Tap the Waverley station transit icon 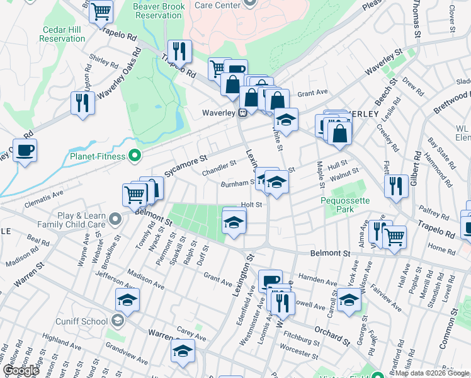pos(242,113)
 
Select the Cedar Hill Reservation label pos(62,34)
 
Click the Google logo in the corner pos(21,370)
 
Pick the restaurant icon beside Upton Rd pos(82,102)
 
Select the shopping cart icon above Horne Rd pos(394,236)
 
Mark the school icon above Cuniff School pos(127,299)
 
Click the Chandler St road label pos(218,167)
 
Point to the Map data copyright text pos(431,373)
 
